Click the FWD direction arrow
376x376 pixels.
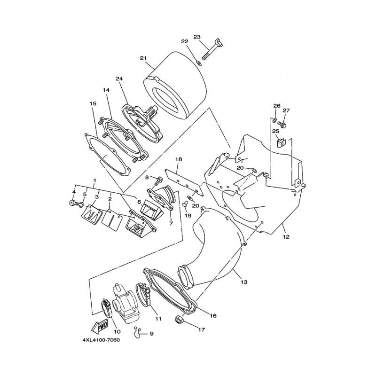(100, 327)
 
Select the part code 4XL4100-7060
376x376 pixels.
(101, 340)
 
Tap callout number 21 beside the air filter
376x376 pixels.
(143, 58)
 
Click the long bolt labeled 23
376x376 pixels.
(212, 51)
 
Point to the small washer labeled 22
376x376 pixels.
(199, 63)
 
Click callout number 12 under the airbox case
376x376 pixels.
(286, 237)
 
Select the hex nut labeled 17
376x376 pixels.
(179, 319)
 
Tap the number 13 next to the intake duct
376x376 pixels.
(244, 282)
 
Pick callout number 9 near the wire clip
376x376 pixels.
(151, 334)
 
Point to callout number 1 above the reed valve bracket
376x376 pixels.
(95, 180)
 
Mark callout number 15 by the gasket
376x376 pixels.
(93, 103)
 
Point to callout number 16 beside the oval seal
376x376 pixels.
(213, 315)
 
